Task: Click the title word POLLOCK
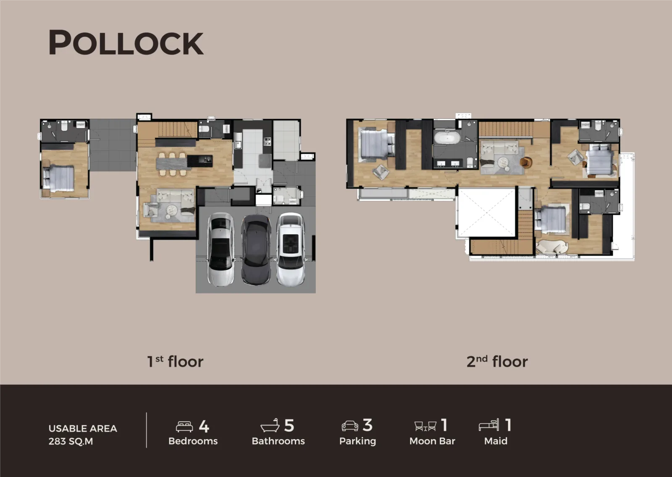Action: pos(126,42)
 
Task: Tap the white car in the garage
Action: pos(290,249)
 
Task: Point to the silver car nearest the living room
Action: pos(221,249)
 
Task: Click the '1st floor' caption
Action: pos(175,362)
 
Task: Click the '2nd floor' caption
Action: pos(497,362)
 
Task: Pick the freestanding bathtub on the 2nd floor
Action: pos(447,138)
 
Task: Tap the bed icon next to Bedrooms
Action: pos(184,426)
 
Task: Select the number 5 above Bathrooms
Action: pos(289,425)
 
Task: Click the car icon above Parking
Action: pos(350,426)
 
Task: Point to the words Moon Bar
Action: pos(432,441)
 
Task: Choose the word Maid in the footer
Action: pos(496,441)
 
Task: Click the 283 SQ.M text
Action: pos(71,441)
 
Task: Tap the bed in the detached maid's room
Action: pos(59,178)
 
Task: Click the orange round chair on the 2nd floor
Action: pos(526,162)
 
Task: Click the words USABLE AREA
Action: pos(83,428)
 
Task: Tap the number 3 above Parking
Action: pos(367,425)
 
